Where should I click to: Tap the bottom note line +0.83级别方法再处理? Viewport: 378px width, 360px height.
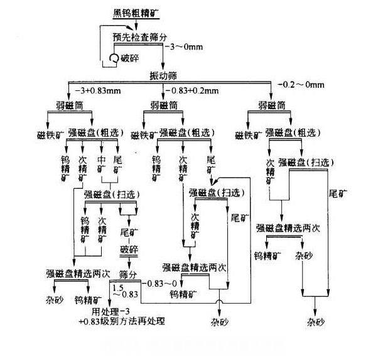121,322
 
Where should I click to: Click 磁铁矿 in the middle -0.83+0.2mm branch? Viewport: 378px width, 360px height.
143,134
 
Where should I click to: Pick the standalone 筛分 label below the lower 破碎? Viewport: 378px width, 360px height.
128,275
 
